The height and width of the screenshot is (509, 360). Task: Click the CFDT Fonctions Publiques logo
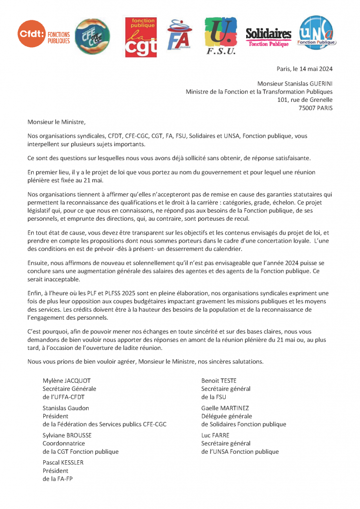[44, 35]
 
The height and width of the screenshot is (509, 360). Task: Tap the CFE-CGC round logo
[92, 36]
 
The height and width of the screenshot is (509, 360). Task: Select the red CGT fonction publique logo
[141, 36]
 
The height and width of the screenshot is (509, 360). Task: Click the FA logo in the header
[179, 36]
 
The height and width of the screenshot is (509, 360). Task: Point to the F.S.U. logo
[220, 36]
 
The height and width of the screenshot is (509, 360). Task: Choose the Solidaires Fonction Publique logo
[269, 37]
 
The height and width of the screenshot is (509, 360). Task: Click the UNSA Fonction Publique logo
[317, 33]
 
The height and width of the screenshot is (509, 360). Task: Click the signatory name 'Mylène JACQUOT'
[67, 381]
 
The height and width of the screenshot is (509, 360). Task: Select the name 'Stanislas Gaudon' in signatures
[66, 408]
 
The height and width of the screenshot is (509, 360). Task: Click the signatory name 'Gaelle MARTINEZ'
[225, 408]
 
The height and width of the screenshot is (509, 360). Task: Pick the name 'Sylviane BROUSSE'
[67, 435]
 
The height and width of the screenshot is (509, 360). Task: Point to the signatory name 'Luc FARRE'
[215, 435]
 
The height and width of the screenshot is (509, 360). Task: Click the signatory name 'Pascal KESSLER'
[63, 463]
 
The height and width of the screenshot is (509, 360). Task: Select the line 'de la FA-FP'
[58, 479]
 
